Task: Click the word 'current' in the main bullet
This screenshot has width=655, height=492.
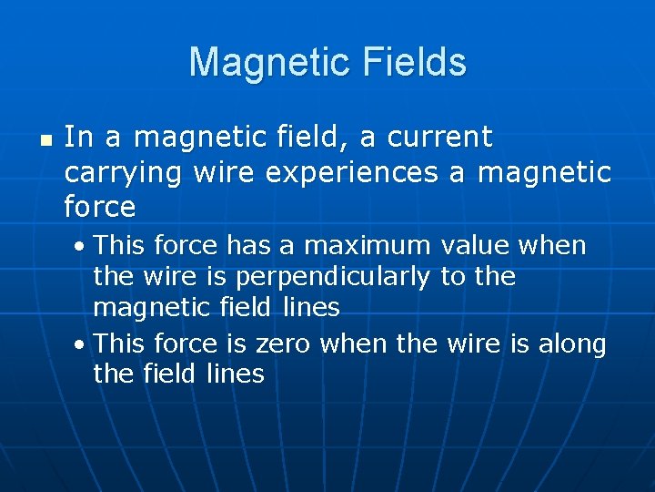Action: [439, 138]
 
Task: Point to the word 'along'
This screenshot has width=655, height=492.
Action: [572, 344]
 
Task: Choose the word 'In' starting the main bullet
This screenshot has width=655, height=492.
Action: [78, 138]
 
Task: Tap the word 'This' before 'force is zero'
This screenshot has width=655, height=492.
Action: [120, 344]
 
